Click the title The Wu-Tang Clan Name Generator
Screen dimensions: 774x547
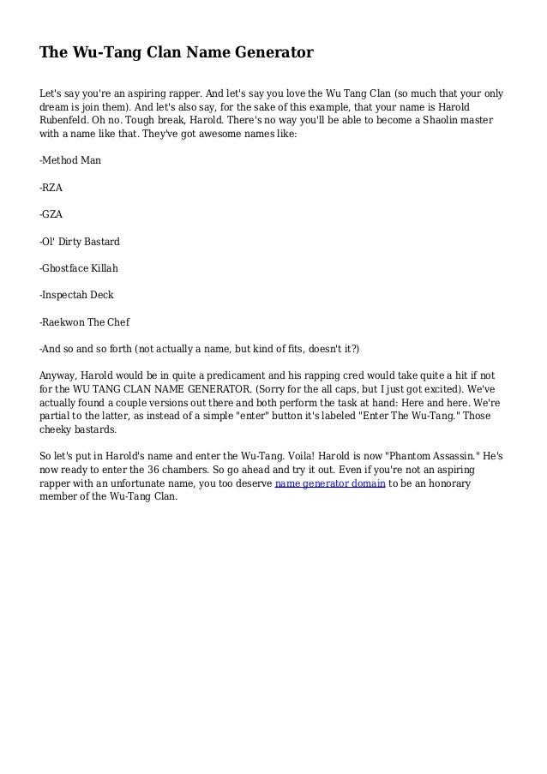click(177, 54)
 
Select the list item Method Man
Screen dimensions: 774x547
click(71, 159)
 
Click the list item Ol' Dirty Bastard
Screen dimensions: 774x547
click(80, 241)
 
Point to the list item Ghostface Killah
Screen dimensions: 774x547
click(79, 267)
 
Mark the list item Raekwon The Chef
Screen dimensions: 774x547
click(85, 322)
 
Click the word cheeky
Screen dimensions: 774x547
click(57, 429)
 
